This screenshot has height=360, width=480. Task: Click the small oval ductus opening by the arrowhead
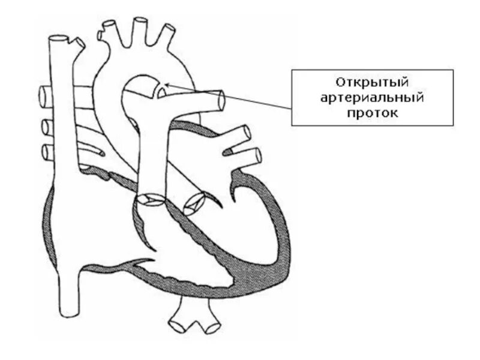160,92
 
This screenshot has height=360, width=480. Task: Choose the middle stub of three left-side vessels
45,127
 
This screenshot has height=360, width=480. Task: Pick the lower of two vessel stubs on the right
257,156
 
